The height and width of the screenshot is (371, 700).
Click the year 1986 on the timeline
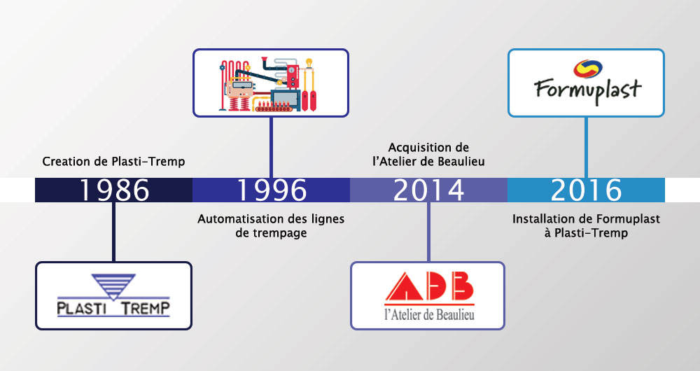point(114,190)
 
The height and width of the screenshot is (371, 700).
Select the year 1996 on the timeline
point(272,190)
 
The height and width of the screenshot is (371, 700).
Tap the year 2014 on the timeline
point(428,190)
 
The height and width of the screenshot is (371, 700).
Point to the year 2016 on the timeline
point(586,190)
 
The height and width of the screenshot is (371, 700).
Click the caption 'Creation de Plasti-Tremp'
point(113,161)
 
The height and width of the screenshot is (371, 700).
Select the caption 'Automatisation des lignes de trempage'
point(271,226)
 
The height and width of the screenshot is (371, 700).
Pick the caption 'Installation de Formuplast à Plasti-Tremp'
point(586,226)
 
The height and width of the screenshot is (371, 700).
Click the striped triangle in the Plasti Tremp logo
point(113,286)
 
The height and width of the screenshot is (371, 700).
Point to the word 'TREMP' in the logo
point(146,308)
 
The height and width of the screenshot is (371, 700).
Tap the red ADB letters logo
point(428,286)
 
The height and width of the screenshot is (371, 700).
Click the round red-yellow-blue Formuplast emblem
point(588,69)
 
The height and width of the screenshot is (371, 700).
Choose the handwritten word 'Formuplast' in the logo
point(587,90)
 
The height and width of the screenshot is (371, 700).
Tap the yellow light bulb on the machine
point(309,63)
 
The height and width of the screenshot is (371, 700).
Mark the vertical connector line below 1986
point(113,232)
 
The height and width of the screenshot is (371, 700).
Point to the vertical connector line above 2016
point(586,147)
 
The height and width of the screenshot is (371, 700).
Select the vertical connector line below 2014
point(428,232)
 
